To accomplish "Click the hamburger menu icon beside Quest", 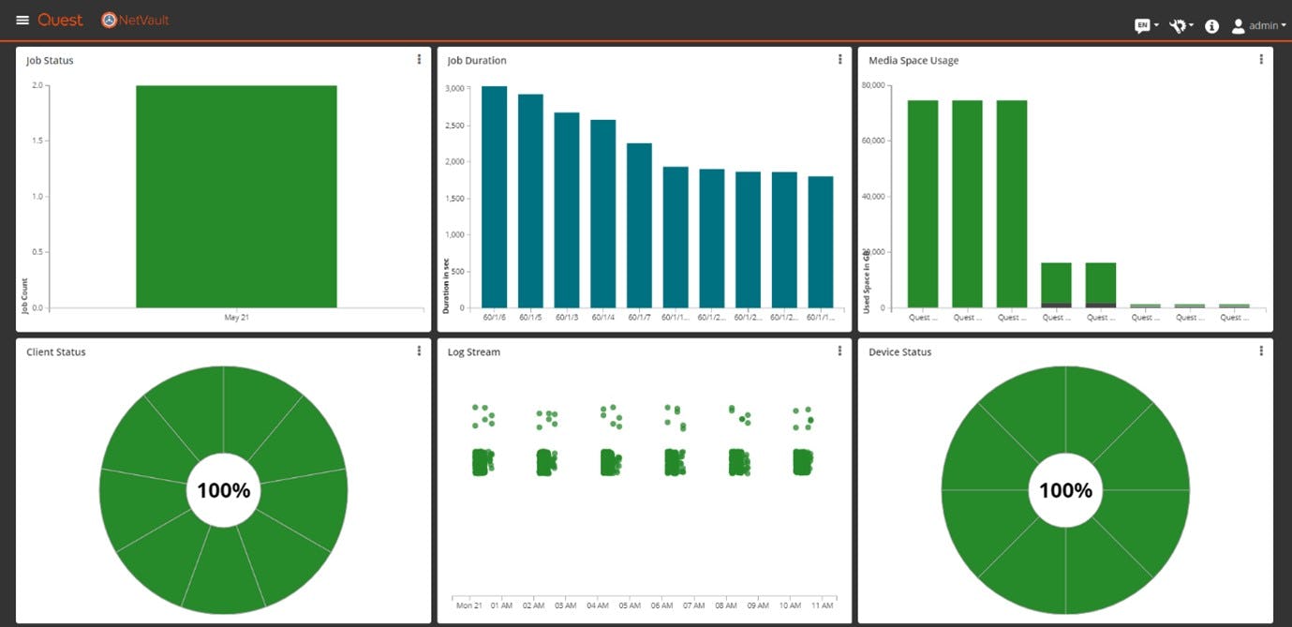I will (x=22, y=21).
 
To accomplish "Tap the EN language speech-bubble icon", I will (x=1142, y=26).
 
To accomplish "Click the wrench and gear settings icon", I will (x=1178, y=26).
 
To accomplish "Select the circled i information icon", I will (x=1211, y=26).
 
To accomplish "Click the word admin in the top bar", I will (x=1263, y=26).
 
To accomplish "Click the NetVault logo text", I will (x=142, y=20).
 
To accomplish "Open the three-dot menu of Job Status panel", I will (x=419, y=60).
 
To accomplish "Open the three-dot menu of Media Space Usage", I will (x=1261, y=60).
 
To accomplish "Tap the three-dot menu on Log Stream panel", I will (x=839, y=351).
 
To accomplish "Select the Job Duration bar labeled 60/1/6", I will (x=494, y=197).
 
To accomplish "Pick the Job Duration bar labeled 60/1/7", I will (x=639, y=225).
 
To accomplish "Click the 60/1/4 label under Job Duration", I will (x=602, y=318).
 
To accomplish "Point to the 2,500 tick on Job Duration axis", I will (x=456, y=125).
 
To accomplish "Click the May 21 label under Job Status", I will (x=236, y=318).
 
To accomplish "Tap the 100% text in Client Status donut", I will (x=223, y=490).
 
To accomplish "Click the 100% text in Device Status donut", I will (x=1065, y=490).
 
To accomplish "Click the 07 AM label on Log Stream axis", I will (x=693, y=606).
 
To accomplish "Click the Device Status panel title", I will (x=899, y=352).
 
